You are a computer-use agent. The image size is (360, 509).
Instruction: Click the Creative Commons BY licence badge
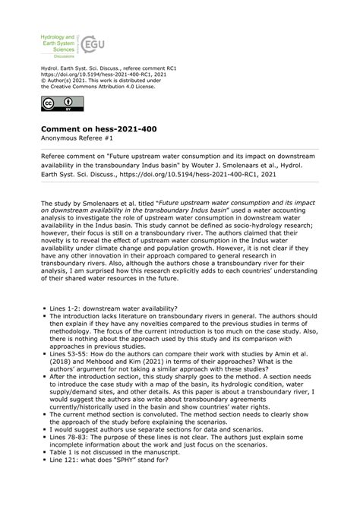pyautogui.click(x=58, y=103)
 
